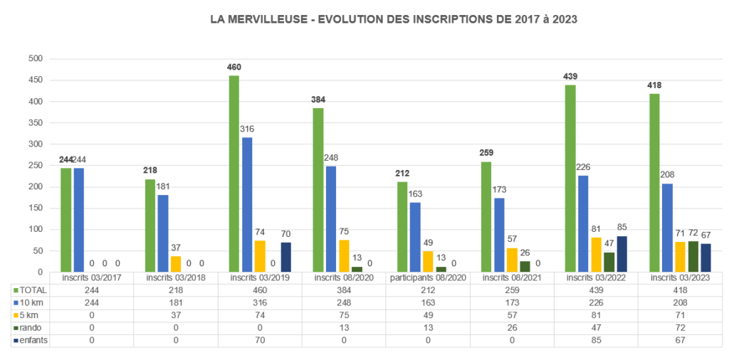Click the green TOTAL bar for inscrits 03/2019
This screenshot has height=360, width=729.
[x=234, y=174]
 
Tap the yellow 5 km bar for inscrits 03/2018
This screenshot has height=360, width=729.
[x=176, y=264]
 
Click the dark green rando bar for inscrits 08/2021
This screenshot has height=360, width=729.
[x=525, y=267]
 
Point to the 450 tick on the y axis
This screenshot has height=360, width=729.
[x=35, y=80]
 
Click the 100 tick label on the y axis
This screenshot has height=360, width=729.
[x=35, y=229]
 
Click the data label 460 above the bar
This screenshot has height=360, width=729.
[x=234, y=68]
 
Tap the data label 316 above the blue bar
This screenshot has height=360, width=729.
[x=247, y=129]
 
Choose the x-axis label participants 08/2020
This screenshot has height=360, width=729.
[x=428, y=277]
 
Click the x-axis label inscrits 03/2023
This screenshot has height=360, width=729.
[x=680, y=277]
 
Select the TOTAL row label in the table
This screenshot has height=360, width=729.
[x=33, y=290]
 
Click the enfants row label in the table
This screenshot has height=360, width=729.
[x=36, y=341]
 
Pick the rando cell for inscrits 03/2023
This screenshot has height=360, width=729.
[x=680, y=328]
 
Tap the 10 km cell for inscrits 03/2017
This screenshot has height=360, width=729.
[x=91, y=303]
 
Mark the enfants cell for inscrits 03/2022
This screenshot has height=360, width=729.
[x=596, y=341]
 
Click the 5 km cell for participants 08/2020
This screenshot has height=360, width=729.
[x=428, y=315]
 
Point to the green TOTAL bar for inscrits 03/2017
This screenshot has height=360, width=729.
[x=66, y=220]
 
